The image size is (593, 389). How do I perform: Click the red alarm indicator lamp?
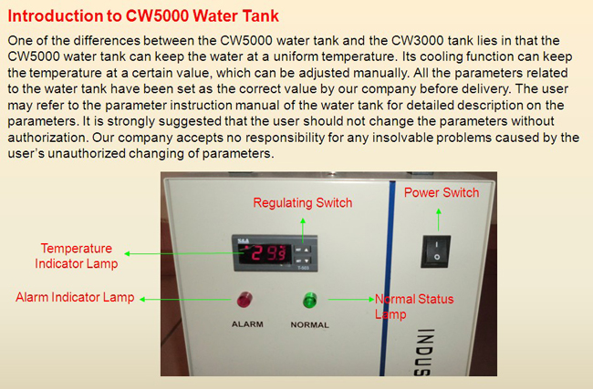244,299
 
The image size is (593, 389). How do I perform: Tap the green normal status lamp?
310,301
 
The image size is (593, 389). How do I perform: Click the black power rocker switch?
436,251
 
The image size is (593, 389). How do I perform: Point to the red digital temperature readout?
265,253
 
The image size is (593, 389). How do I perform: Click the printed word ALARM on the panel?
247,324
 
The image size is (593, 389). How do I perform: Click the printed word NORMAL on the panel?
310,325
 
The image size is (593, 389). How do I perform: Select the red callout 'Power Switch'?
442,192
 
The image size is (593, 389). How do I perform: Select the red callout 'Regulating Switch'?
303,203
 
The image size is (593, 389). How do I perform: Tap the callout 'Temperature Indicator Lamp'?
77,256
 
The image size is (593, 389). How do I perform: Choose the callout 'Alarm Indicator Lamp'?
75,297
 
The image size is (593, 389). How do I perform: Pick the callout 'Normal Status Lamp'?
414,307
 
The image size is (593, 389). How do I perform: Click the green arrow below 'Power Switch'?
439,220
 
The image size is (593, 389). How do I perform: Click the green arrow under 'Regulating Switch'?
303,230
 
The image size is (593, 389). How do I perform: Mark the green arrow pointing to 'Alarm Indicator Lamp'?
185,299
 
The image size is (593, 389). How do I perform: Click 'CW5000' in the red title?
157,15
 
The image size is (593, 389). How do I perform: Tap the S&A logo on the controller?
244,241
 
